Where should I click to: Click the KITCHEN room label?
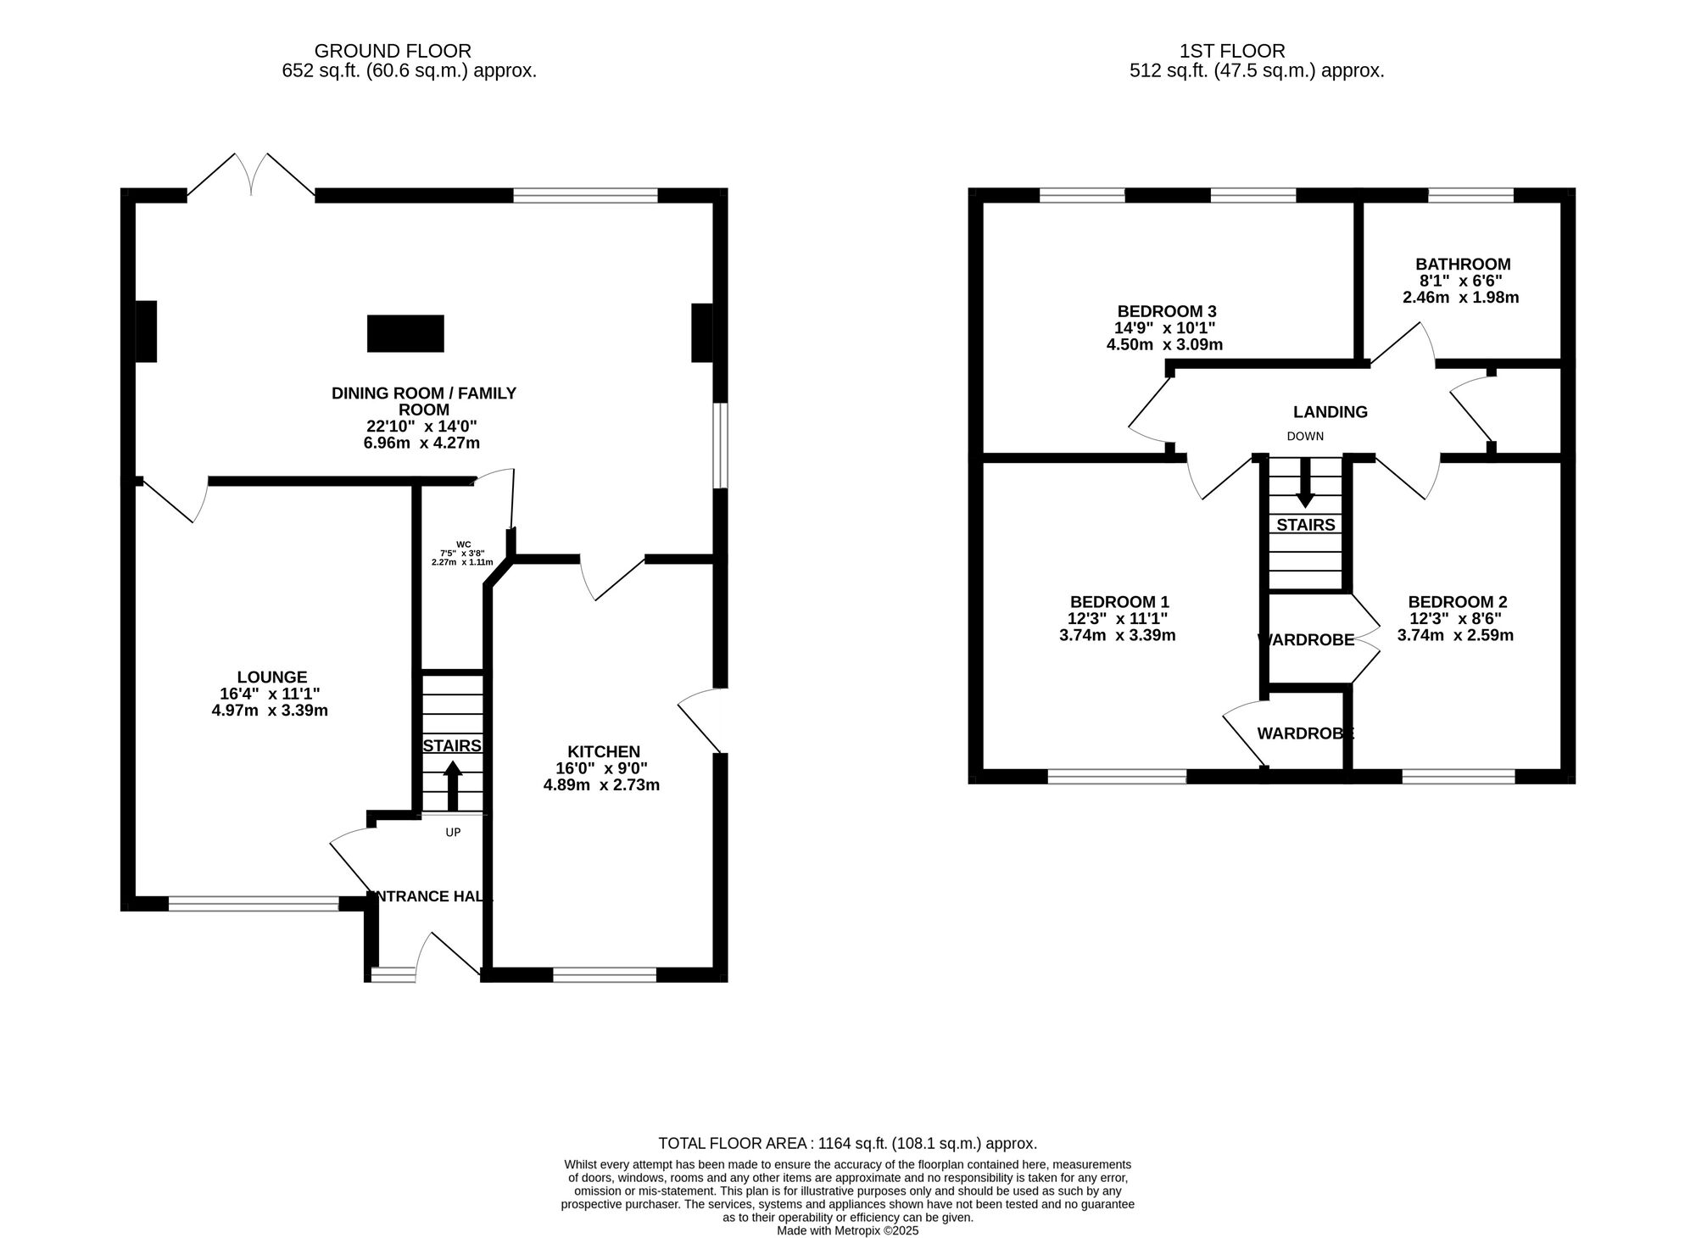pos(604,752)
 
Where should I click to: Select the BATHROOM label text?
pos(1463,265)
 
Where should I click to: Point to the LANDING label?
pos(1331,412)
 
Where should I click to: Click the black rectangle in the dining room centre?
pos(405,333)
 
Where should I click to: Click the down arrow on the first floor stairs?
pos(1306,482)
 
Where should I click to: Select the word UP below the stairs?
pos(453,833)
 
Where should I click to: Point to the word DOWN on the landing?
pos(1305,437)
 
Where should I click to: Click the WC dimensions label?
pos(463,554)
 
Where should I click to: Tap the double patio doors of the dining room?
pos(251,175)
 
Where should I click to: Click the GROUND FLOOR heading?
pos(393,51)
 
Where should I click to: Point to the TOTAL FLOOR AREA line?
pos(848,1143)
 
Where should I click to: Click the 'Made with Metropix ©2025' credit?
pos(848,1230)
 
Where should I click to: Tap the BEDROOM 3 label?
pos(1167,311)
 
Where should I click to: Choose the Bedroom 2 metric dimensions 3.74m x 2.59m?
pos(1455,635)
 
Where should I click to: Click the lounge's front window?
pos(254,904)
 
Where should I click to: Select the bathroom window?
pos(1471,195)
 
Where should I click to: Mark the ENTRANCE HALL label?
pos(430,896)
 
